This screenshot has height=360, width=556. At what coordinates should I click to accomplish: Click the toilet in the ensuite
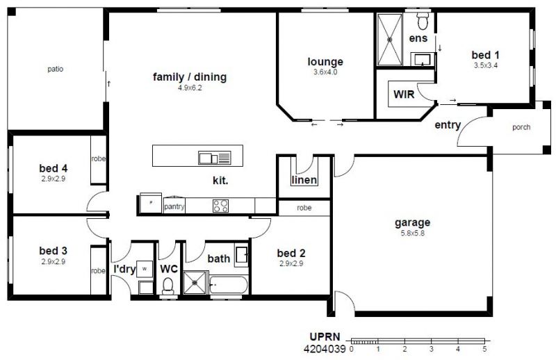click(423, 21)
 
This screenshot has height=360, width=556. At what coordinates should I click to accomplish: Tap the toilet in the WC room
click(167, 286)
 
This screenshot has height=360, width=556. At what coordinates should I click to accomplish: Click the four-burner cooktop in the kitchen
click(220, 206)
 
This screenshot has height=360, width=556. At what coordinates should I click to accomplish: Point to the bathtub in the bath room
click(229, 285)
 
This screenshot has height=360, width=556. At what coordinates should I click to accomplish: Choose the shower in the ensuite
click(390, 40)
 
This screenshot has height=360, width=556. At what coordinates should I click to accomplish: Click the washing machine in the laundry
click(145, 269)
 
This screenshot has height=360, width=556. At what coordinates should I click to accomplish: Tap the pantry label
click(174, 207)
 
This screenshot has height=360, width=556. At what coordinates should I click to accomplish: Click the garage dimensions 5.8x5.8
click(412, 234)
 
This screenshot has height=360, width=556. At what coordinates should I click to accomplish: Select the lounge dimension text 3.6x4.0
click(325, 72)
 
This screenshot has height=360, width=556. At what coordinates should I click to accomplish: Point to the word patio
click(56, 69)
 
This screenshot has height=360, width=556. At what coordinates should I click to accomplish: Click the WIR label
click(404, 95)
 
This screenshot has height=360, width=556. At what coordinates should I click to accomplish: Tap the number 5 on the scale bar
click(484, 349)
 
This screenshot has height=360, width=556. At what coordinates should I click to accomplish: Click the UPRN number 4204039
click(325, 350)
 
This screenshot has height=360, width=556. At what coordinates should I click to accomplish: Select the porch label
click(521, 127)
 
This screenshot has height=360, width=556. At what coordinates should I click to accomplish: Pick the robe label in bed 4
click(99, 158)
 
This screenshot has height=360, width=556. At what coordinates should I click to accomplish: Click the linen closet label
click(304, 180)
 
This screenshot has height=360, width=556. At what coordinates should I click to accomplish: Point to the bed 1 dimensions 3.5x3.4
click(486, 65)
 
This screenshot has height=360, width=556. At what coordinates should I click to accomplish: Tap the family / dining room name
click(190, 77)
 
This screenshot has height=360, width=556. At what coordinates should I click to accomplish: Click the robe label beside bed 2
click(304, 208)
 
